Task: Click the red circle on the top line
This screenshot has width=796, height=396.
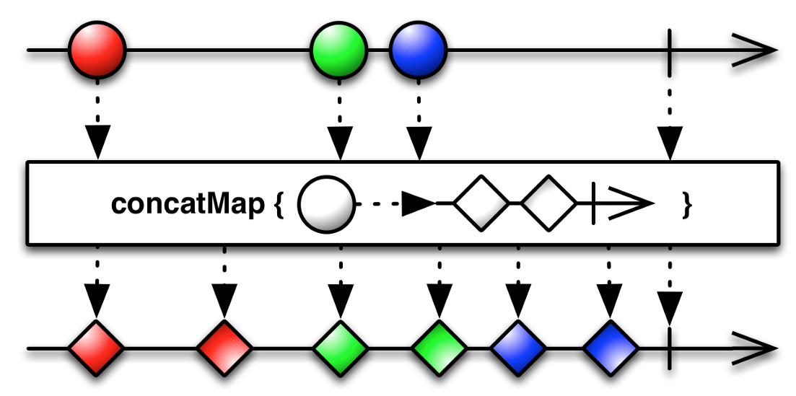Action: (97, 51)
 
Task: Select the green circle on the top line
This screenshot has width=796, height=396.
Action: (338, 51)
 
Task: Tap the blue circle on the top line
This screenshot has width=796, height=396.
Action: (418, 51)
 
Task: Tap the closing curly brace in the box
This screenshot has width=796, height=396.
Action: (687, 205)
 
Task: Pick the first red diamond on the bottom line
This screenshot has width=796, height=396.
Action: (96, 349)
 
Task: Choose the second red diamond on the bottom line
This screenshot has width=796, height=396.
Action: (224, 349)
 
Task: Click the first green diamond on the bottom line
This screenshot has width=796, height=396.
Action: (341, 349)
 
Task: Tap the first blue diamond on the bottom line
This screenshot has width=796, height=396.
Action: (518, 349)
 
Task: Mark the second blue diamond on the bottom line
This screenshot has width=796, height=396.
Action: (611, 349)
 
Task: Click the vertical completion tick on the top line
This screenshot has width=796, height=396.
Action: (670, 51)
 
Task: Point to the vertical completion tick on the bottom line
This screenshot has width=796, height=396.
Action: (670, 349)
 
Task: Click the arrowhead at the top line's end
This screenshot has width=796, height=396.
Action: (758, 51)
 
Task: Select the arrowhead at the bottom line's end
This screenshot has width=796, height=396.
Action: (758, 349)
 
